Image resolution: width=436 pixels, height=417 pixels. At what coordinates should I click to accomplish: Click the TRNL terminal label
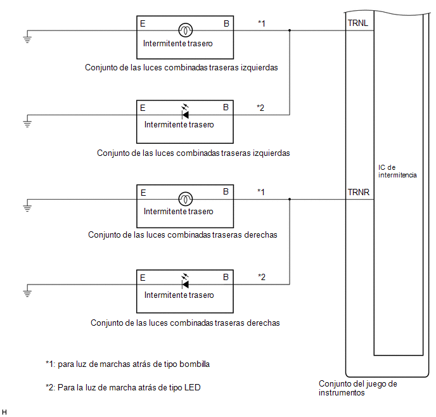358,23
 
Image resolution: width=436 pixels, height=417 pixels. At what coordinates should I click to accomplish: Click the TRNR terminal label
359,193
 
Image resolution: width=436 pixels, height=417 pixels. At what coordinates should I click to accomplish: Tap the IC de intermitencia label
397,171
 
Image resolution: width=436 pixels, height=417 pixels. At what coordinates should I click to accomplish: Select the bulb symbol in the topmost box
185,30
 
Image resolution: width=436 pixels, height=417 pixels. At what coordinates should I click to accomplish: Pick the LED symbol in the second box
185,112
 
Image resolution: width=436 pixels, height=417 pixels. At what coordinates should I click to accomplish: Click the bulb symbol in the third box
185,199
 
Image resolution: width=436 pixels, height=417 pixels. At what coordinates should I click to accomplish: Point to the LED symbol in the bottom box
185,281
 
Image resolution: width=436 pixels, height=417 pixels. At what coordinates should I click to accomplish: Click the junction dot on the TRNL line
290,30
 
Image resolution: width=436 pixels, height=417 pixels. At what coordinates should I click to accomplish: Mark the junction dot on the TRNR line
290,200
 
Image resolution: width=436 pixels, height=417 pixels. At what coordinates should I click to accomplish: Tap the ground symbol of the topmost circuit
27,39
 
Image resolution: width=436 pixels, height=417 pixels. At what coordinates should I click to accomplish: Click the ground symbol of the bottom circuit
27,293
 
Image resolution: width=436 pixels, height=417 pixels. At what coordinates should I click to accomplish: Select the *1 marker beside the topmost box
262,23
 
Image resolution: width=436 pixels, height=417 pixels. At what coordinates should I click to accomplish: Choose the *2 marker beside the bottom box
262,277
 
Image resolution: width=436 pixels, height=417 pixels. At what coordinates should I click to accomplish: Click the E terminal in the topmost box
143,23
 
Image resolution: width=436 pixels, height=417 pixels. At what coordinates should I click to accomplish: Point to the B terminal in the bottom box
226,277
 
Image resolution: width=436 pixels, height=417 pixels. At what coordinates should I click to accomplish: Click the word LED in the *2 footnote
193,388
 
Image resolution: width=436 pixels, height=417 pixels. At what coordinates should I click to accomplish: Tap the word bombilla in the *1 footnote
195,364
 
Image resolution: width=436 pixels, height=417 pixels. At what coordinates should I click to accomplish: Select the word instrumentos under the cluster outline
342,393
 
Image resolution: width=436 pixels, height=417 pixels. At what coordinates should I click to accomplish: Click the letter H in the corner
4,413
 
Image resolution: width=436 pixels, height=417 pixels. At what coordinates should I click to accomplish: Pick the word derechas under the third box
260,235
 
